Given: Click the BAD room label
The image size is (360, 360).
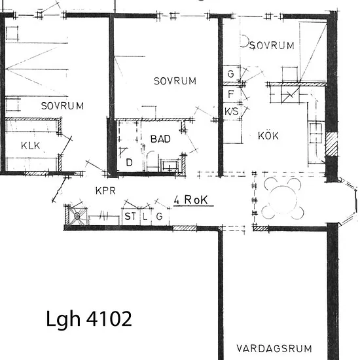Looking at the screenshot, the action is tap(160, 139).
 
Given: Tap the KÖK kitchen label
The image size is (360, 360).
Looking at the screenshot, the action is tap(268, 135).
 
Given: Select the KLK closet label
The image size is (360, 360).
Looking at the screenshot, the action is tap(31, 145).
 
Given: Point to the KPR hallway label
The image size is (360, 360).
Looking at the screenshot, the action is tap(105, 190).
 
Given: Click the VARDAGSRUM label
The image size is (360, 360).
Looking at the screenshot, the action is tap(274, 348).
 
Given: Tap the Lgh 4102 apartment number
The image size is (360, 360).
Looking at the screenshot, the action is tap(89, 319).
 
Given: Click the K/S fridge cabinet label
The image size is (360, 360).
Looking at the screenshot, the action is tap(232, 111).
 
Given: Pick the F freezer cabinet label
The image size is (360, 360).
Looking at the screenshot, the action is tap(231, 94).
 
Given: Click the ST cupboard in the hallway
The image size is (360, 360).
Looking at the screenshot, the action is tap(130, 217).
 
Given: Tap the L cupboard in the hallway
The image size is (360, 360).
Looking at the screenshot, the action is tap(145, 217).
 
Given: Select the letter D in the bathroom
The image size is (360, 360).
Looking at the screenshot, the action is tap(129, 162).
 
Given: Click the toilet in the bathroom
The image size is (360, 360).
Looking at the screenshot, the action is tap(152, 161).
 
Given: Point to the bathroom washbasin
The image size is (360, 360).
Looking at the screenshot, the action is tap(170, 166).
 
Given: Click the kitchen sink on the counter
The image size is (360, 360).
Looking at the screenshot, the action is tap(316, 133).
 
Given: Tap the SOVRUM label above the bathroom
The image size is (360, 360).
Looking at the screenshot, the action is tap(175, 81).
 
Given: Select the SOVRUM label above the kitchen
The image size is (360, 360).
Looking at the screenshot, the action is tap(272, 45).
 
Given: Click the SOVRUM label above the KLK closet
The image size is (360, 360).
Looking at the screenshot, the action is tap(62, 106).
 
